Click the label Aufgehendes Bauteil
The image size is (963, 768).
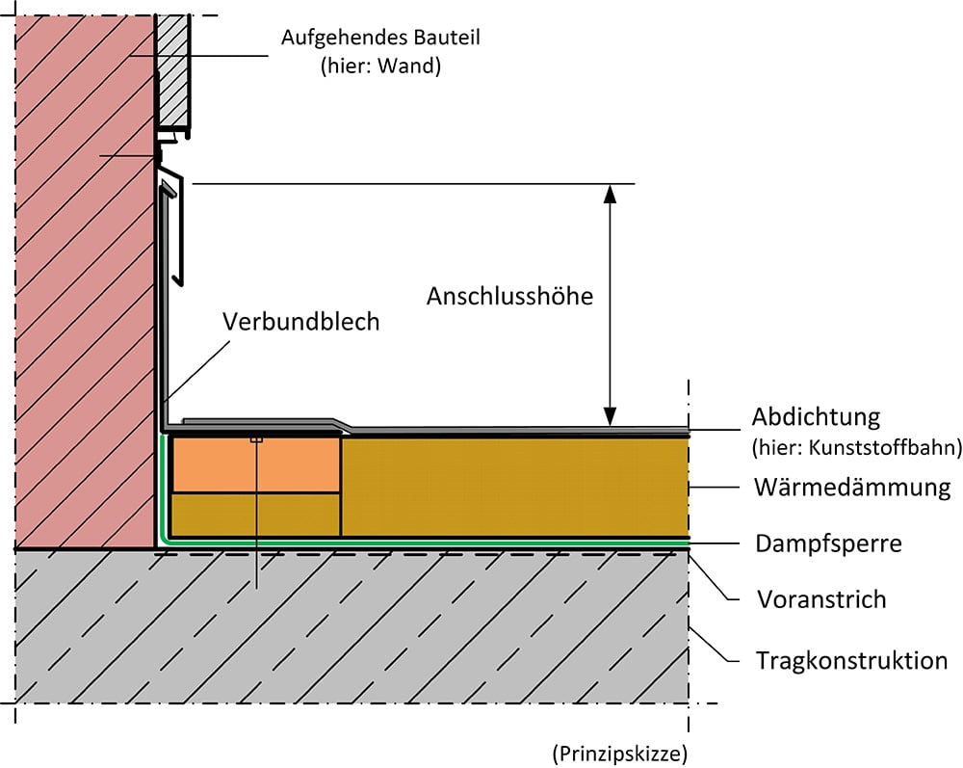click(380, 39)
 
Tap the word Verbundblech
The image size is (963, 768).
click(301, 322)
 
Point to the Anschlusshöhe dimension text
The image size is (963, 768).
click(509, 295)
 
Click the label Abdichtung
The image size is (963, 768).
click(816, 417)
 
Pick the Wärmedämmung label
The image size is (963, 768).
click(851, 487)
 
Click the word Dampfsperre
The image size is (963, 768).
click(828, 543)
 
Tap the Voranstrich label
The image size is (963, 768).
click(820, 599)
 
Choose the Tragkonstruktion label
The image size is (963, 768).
click(851, 660)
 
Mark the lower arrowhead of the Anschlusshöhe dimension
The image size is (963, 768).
click(609, 416)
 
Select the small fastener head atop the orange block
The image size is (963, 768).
click(256, 439)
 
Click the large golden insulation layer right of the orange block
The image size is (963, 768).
click(515, 487)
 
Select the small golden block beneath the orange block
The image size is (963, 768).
click(255, 514)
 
